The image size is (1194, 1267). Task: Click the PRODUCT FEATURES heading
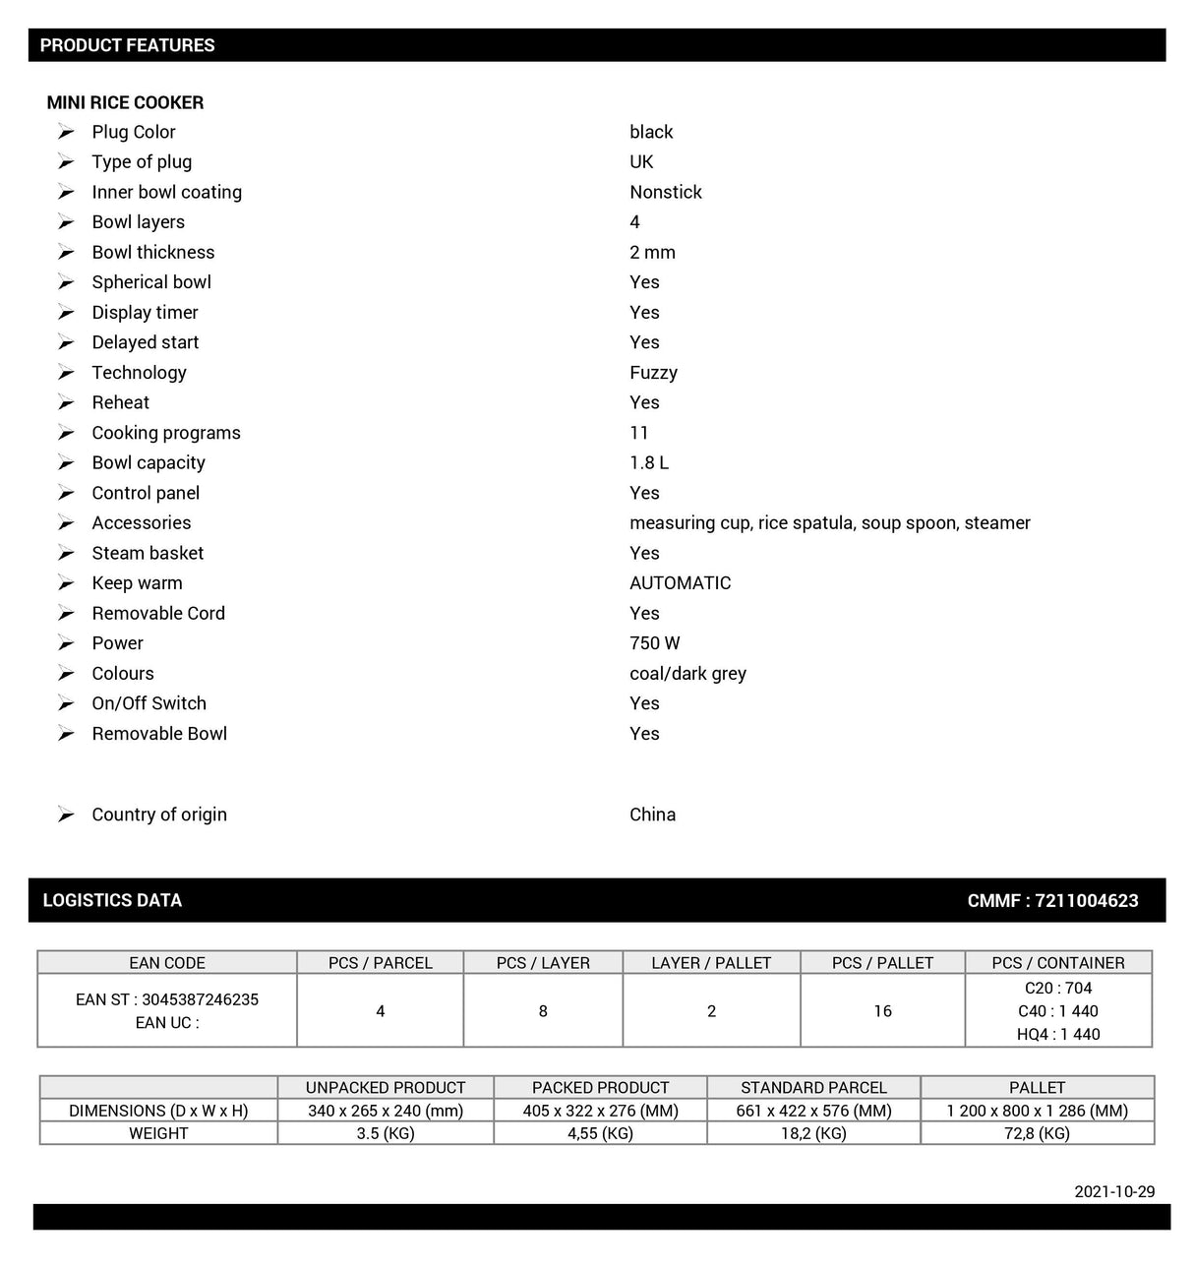[127, 45]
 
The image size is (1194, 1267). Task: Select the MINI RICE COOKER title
[125, 102]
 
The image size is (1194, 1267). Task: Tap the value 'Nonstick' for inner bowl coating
[665, 192]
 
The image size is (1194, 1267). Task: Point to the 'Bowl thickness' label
[152, 252]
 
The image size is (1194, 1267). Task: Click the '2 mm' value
[652, 252]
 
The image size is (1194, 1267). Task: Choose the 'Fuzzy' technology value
[653, 373]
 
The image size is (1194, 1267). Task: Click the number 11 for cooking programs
[639, 433]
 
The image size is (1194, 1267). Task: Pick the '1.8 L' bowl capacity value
[649, 462]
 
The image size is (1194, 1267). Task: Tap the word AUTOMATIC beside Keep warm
[680, 583]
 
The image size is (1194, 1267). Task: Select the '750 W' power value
[654, 643]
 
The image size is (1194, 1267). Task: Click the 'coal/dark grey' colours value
[687, 674]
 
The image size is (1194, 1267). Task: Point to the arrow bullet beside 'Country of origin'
[66, 814]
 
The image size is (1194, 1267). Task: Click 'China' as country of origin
[652, 814]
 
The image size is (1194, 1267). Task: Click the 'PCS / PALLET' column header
[882, 963]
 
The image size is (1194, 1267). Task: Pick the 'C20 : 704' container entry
[1058, 988]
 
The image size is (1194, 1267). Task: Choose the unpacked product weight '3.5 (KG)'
[386, 1133]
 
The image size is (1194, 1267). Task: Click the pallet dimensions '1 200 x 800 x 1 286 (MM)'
[1037, 1111]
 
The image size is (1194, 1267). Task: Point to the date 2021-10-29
[1114, 1191]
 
